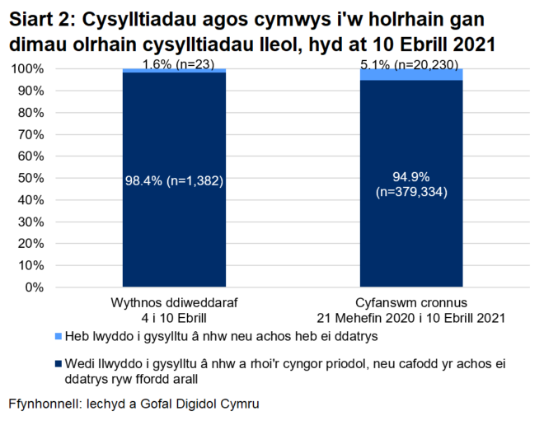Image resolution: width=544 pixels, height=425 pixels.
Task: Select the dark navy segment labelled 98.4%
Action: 175,231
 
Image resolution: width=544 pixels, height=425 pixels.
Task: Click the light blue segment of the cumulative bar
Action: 410,75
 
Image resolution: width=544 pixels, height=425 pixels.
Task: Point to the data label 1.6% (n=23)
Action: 175,63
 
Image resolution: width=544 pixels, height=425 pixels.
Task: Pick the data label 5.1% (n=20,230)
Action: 410,63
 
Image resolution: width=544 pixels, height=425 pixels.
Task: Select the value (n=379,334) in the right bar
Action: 410,193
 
